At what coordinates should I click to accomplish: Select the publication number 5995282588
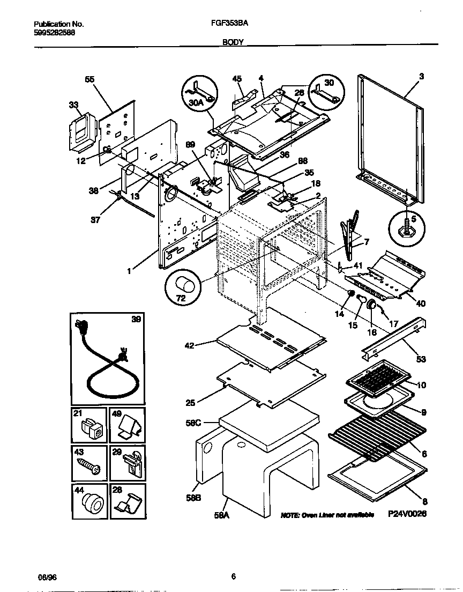pyautogui.click(x=54, y=32)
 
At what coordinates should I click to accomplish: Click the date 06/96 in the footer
pyautogui.click(x=46, y=577)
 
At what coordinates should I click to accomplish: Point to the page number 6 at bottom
pyautogui.click(x=233, y=577)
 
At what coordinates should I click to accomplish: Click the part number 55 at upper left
pyautogui.click(x=89, y=79)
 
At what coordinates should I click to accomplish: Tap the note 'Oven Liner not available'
pyautogui.click(x=327, y=515)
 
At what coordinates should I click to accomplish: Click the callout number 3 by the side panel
pyautogui.click(x=422, y=77)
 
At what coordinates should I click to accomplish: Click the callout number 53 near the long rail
pyautogui.click(x=422, y=359)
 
